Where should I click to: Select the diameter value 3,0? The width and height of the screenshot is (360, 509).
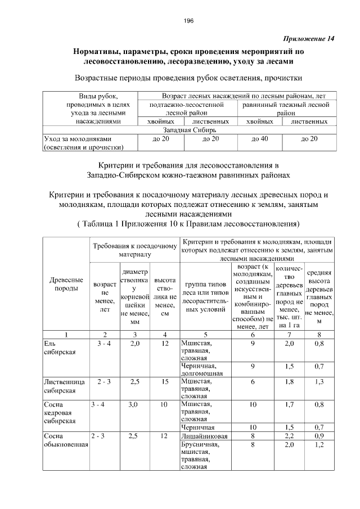pos(134,404)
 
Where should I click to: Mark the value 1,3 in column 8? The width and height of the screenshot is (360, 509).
pos(319,382)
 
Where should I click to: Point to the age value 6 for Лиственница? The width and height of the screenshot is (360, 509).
pos(253,382)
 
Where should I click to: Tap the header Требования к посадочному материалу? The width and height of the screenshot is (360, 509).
pos(134,249)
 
